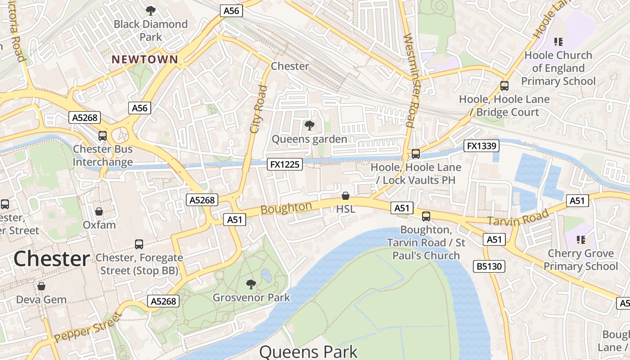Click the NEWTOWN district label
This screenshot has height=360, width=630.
coord(145,59)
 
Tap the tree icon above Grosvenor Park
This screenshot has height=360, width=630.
coord(251,284)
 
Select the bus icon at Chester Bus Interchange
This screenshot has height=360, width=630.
coord(103,135)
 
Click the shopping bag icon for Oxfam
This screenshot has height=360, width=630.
coord(99,211)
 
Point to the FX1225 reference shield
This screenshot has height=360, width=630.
coord(284,164)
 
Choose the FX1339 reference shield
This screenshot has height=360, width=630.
coord(481,146)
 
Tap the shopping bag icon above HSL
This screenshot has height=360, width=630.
coord(346,196)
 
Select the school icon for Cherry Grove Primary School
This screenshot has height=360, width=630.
coord(581,239)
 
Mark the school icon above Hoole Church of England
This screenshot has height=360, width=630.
coord(558,42)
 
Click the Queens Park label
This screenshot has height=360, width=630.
coord(308,351)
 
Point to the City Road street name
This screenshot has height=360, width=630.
coord(258,109)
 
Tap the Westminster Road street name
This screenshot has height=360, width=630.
coord(411,80)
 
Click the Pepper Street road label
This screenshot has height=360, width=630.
coord(87,327)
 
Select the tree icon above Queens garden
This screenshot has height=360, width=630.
coord(309,125)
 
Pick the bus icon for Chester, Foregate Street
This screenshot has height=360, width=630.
coord(139,244)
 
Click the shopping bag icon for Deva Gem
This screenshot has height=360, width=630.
coord(41,286)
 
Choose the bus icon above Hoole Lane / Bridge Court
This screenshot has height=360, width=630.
coord(504,85)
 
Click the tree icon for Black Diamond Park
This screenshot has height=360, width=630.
coord(151,10)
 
